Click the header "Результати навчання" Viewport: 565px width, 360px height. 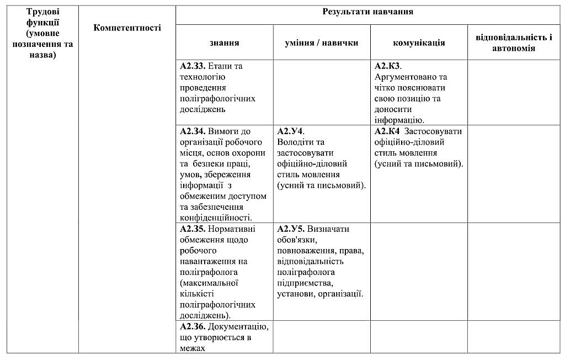point(368,12)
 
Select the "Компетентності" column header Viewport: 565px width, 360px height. point(127,28)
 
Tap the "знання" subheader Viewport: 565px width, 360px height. point(224,43)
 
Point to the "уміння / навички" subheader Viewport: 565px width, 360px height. point(322,43)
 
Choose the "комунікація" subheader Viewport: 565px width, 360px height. point(419,43)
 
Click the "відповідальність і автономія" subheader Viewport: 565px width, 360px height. point(514,43)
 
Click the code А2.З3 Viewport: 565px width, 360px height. point(193,66)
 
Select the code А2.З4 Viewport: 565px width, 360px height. point(193,131)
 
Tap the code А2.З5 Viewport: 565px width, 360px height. point(193,229)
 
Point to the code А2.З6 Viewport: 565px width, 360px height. point(193,327)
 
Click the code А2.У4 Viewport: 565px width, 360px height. point(290,131)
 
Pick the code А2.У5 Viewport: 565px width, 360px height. point(290,229)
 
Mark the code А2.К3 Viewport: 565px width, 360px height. point(387,66)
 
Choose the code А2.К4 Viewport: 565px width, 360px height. point(387,131)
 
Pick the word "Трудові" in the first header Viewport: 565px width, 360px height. point(42,11)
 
